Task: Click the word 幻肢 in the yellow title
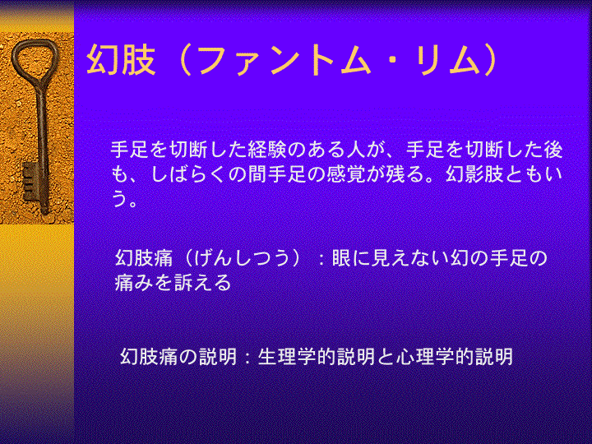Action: [x=121, y=60]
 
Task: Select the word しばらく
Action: [x=189, y=174]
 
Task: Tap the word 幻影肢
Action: [x=475, y=174]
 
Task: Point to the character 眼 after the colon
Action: [x=341, y=259]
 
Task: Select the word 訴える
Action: [x=202, y=283]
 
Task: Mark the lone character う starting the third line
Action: [x=119, y=199]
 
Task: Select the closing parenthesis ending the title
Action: [x=490, y=60]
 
